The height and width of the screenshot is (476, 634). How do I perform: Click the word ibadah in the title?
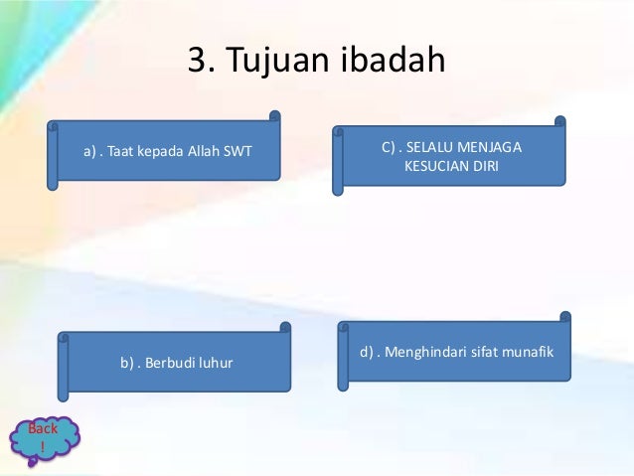[x=395, y=61]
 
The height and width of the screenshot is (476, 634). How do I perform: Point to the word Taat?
[x=125, y=152]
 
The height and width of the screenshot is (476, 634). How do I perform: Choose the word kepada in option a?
[x=164, y=152]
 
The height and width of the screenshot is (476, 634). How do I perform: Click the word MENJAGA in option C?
[x=488, y=148]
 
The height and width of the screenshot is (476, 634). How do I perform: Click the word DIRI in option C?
[x=485, y=166]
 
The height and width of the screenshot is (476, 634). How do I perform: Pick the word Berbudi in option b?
[x=171, y=363]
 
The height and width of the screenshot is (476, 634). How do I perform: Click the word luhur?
[x=214, y=363]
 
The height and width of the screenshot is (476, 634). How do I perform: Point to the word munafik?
[x=525, y=352]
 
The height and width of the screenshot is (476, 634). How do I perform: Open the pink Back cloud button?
[x=43, y=437]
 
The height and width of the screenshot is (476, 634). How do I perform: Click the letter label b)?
[x=128, y=363]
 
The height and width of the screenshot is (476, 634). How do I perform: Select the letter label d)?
[x=367, y=352]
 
